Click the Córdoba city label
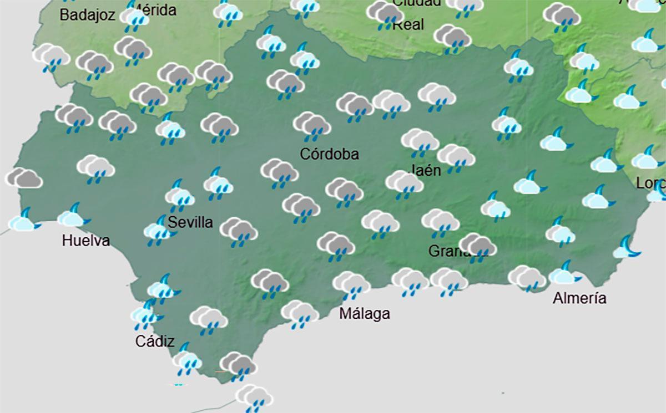pos(329,155)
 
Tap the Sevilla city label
pos(190,223)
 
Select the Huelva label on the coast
pos(86,241)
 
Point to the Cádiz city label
pos(155,341)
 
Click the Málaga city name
pos(365,314)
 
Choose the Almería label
pos(579,299)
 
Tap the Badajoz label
pos(87,15)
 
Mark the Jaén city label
pos(426,170)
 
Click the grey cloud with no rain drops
pos(23,178)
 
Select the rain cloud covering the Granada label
pos(477,247)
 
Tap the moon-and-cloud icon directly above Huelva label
pos(72,216)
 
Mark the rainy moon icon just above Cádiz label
pos(145,314)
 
